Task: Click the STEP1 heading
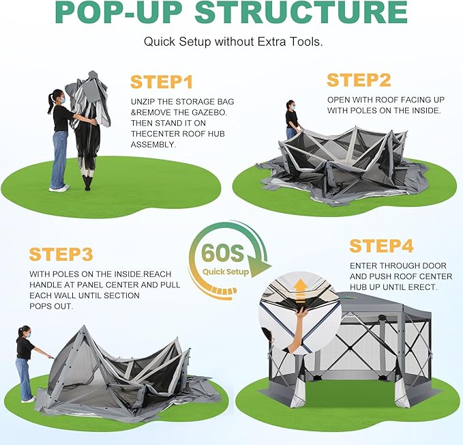click(162, 82)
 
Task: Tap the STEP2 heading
click(359, 80)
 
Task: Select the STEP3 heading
click(61, 254)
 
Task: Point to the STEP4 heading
click(381, 246)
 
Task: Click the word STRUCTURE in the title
click(301, 12)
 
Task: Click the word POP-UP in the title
click(118, 12)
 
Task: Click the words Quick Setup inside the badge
click(226, 272)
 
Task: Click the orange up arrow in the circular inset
click(300, 291)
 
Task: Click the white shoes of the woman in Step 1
click(59, 188)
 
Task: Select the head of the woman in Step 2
click(290, 104)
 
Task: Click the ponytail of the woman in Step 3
click(20, 332)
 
